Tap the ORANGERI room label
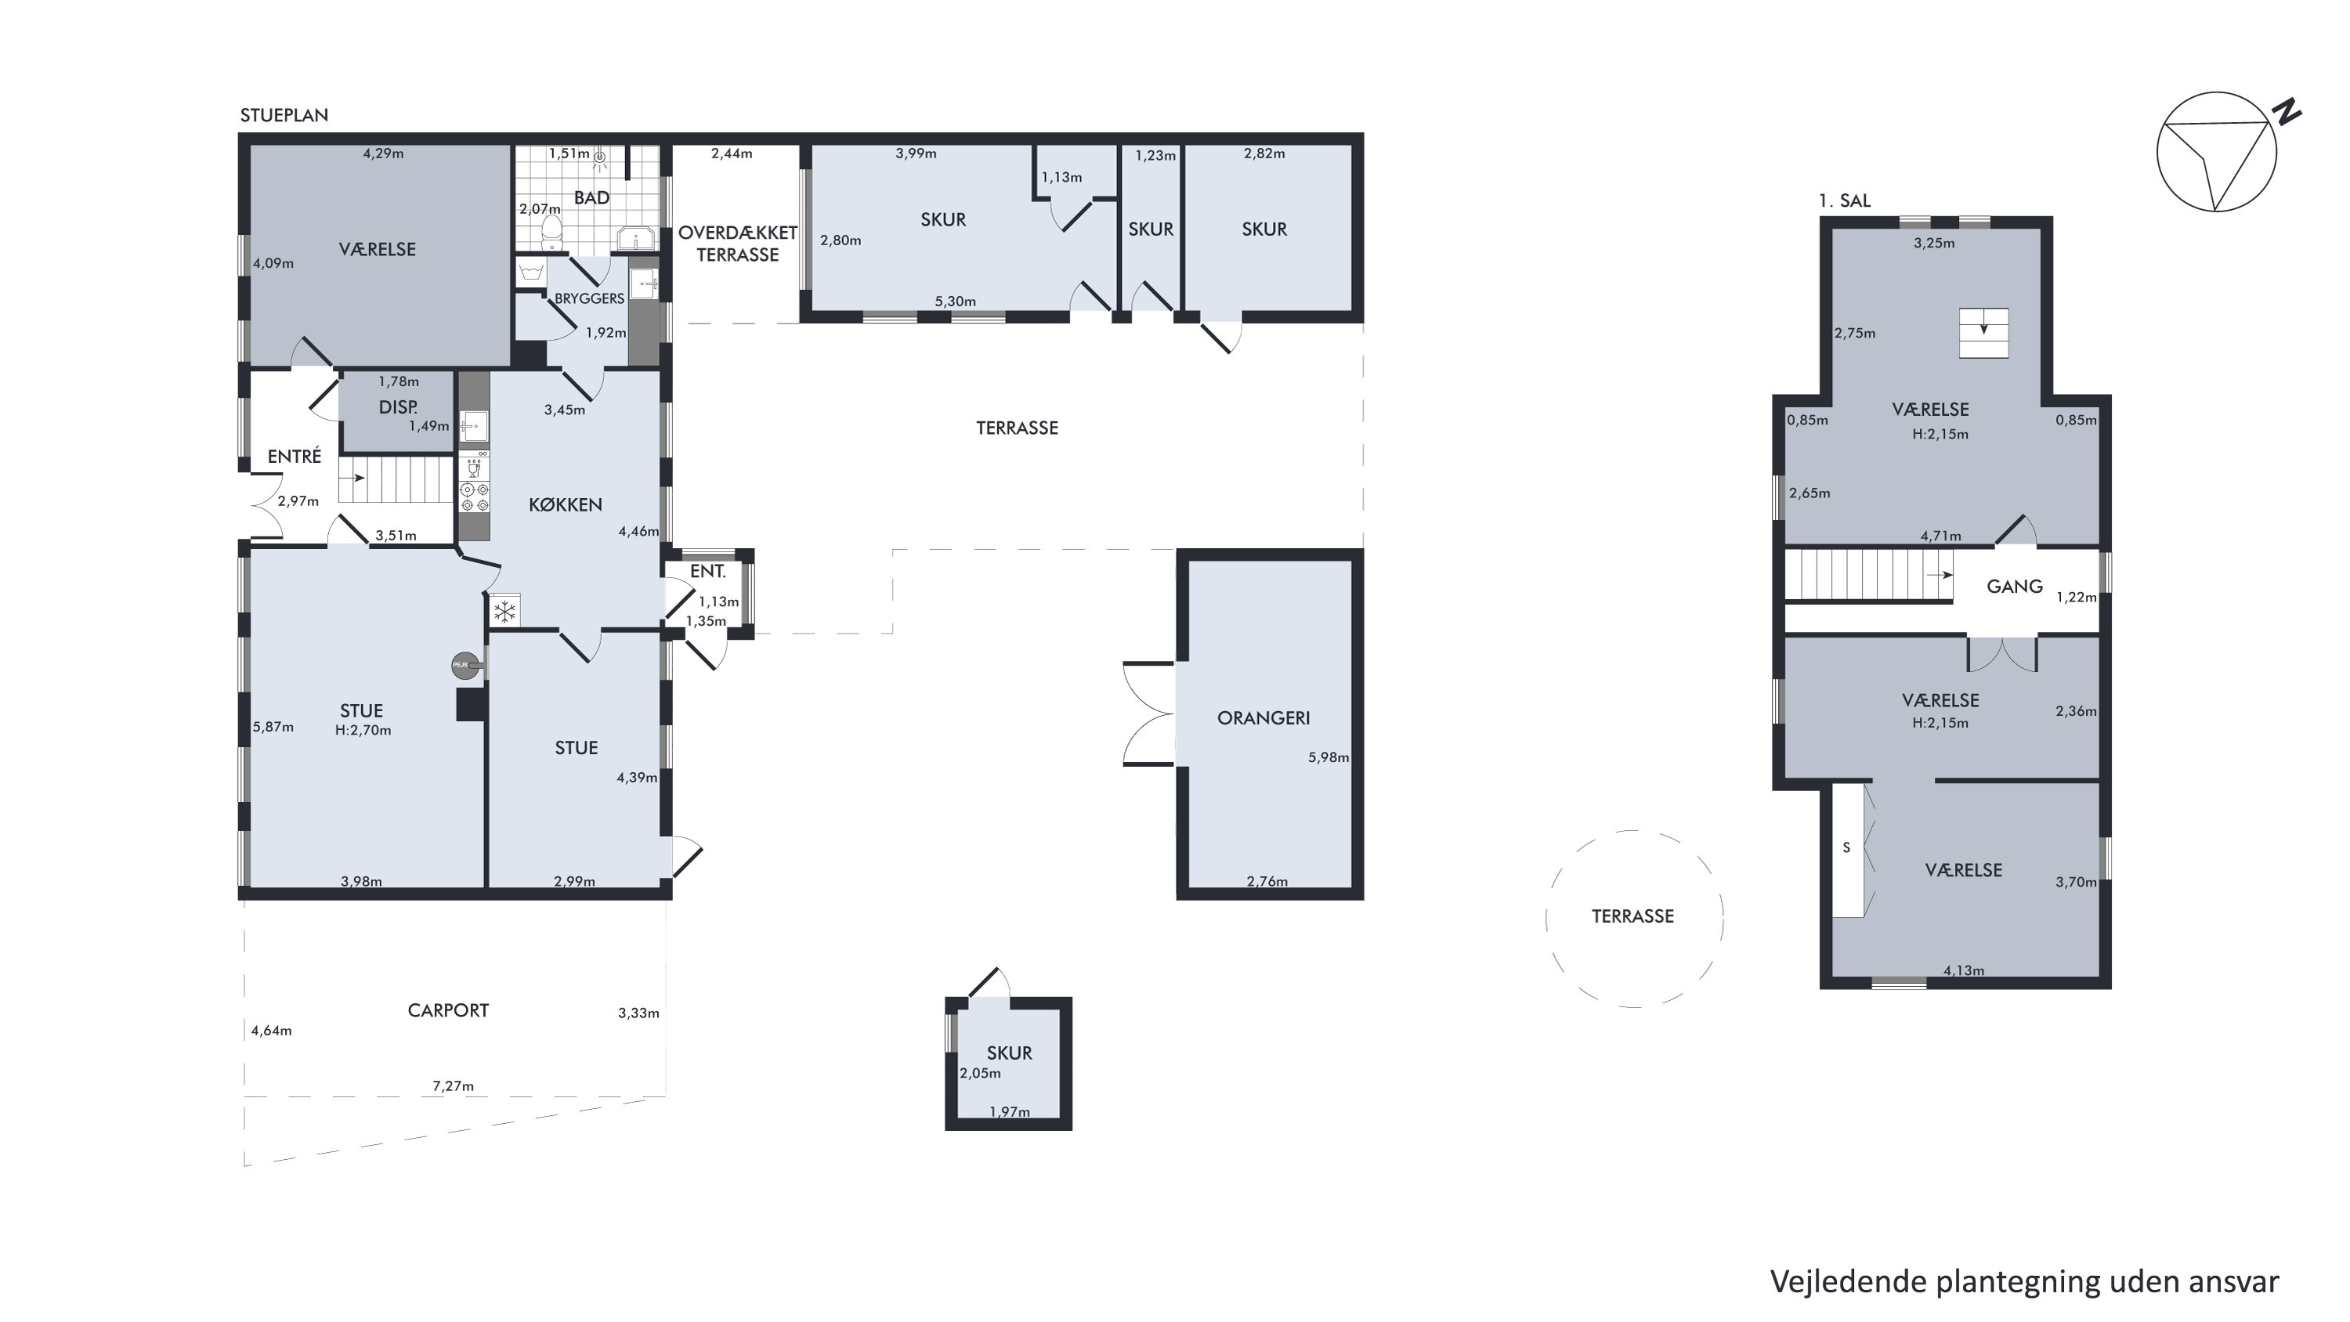[x=1263, y=718]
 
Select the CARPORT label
[x=448, y=1010]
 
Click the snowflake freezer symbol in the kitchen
[x=504, y=612]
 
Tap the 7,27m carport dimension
[x=453, y=1085]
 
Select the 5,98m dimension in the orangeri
[x=1329, y=757]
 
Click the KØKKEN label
[x=566, y=504]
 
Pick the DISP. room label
[x=398, y=407]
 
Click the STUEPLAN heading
[x=284, y=115]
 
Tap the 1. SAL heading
[x=1845, y=200]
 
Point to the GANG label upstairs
[x=2014, y=587]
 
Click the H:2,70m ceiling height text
[x=363, y=730]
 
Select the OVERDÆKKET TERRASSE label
[x=737, y=244]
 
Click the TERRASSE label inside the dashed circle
[x=1633, y=916]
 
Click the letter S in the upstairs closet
[x=1846, y=847]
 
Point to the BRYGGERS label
[x=589, y=298]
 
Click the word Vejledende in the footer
[x=1849, y=1281]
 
